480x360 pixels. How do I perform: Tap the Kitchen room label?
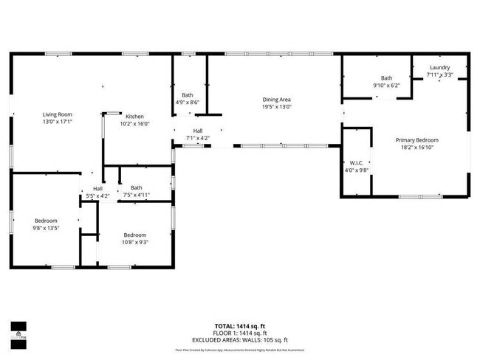point(134,117)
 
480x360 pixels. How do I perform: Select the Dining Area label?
point(276,100)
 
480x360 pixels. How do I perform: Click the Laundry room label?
point(441,67)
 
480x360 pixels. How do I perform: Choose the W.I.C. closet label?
point(355,162)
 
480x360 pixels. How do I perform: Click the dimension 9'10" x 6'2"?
point(386,86)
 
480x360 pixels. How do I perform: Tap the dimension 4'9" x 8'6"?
point(188,103)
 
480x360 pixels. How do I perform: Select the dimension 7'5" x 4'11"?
point(136,195)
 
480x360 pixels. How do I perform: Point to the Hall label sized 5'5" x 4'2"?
point(97,189)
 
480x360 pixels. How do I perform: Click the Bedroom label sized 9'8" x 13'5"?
point(45,221)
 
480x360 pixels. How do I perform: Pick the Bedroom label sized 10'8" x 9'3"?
point(135,235)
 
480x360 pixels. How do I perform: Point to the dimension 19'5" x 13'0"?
point(276,107)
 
